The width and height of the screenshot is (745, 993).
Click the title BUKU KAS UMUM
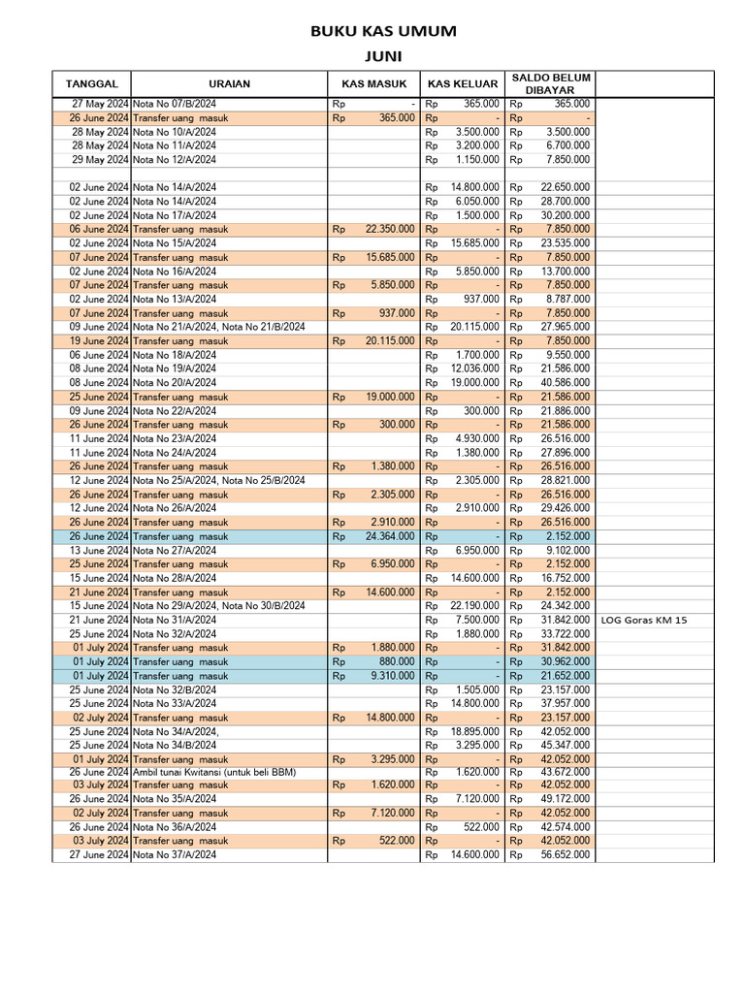(x=383, y=32)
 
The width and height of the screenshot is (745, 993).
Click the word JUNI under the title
(x=383, y=56)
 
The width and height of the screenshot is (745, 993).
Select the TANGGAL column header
(x=91, y=83)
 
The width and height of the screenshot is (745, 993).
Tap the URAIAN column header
(x=229, y=83)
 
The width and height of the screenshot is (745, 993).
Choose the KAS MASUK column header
(x=373, y=83)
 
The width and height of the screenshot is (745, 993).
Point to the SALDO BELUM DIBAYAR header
(x=551, y=83)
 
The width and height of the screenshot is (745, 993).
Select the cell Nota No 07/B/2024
(x=175, y=104)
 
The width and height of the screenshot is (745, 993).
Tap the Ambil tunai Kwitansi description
(x=213, y=772)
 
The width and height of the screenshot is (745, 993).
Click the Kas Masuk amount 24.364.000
(x=389, y=536)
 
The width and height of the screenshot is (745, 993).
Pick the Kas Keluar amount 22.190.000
(x=475, y=606)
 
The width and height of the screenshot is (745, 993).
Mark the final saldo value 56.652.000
(x=565, y=855)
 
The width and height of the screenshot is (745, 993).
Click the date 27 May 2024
(x=100, y=104)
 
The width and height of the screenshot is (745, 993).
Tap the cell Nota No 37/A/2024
(x=175, y=855)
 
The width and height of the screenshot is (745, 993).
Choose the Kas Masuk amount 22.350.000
(x=389, y=229)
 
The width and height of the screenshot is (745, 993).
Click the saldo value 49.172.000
(x=565, y=799)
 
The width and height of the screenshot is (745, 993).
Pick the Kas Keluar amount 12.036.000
(x=475, y=368)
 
